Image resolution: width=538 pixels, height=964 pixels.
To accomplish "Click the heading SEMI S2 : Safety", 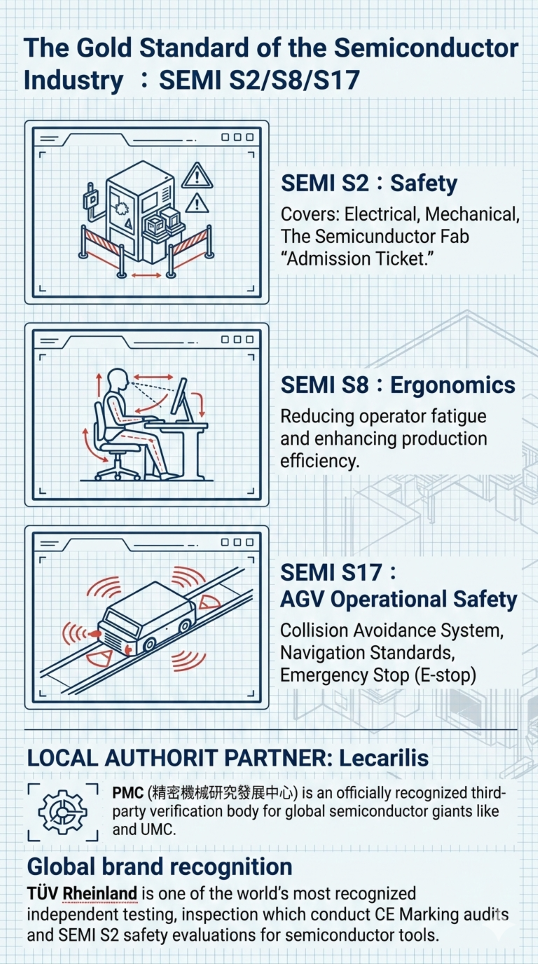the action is click(369, 183).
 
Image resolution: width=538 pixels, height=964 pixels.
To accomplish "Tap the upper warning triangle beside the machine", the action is click(197, 175).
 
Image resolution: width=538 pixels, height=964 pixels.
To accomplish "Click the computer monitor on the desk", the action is click(181, 398).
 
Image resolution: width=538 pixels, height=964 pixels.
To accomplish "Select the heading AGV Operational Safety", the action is click(398, 600).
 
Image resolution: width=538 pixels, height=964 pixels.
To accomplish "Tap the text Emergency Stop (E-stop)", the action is click(378, 674).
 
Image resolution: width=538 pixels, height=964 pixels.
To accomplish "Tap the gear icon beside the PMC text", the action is click(63, 812).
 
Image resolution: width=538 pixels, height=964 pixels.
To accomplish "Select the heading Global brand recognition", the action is click(160, 867).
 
